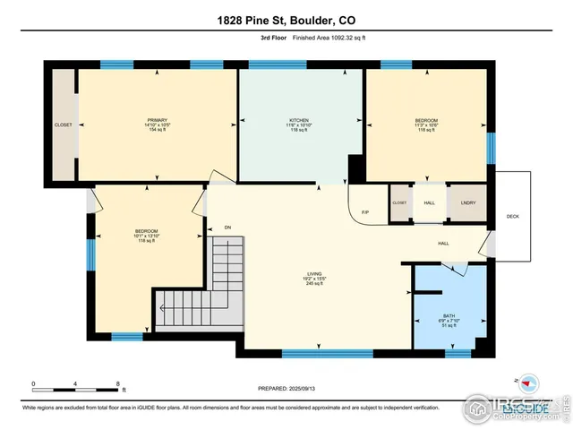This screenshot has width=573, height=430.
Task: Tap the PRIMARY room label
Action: [x=158, y=120]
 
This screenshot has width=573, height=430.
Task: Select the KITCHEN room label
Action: [x=299, y=120]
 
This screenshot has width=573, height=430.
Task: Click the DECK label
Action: [x=512, y=216]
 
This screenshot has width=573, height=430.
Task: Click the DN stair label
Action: [x=227, y=228]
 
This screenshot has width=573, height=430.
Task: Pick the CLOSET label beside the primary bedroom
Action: [x=63, y=125]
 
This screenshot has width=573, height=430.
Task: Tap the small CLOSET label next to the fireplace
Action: [x=399, y=203]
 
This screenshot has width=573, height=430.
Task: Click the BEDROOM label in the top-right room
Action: [x=426, y=120]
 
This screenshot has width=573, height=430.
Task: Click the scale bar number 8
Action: [x=118, y=383]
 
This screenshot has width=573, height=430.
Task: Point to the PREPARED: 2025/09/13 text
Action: [x=286, y=388]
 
